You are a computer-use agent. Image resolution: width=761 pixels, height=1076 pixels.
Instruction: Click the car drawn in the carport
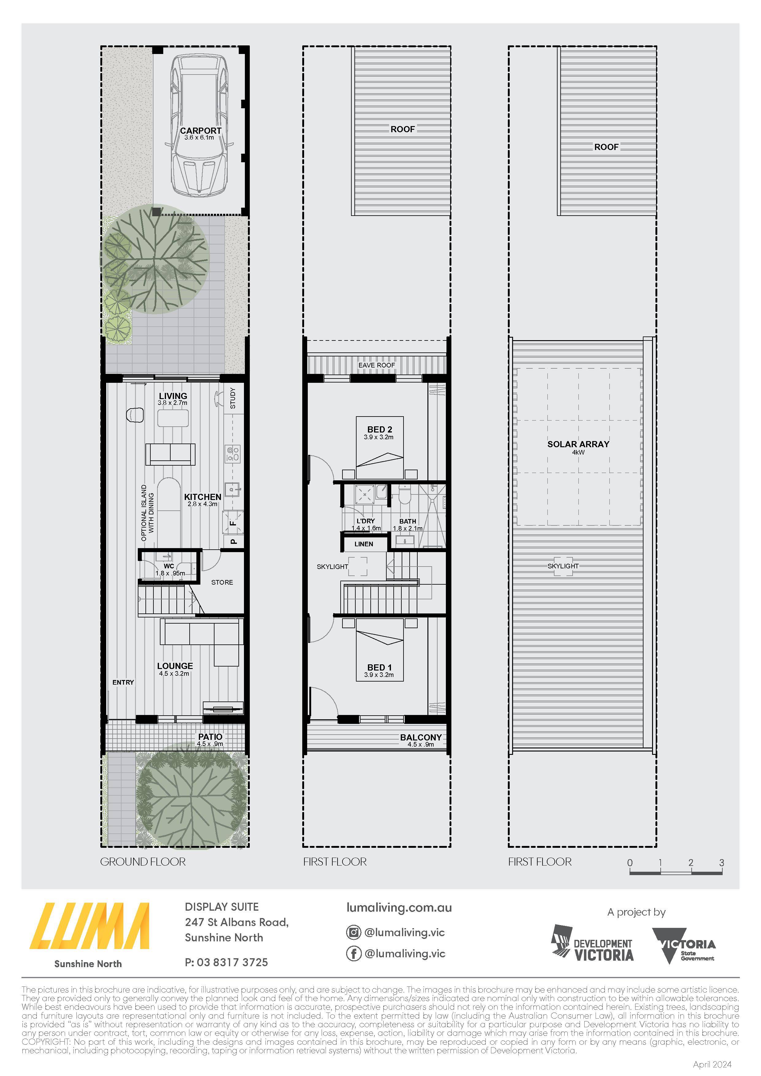click(200, 125)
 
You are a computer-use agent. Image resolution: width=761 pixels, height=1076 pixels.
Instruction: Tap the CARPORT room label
click(201, 131)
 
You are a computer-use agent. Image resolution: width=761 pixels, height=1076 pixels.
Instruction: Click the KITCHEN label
click(203, 497)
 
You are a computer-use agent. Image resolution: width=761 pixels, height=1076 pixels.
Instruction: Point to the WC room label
click(169, 566)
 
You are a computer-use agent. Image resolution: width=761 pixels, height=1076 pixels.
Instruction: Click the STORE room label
click(222, 582)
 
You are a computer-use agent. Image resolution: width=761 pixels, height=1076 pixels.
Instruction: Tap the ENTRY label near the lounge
click(123, 682)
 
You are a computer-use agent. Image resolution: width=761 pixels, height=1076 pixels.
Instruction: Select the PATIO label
click(210, 737)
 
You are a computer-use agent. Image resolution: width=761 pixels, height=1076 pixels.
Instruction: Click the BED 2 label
click(380, 429)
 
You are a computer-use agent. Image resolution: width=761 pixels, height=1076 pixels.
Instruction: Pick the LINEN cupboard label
click(364, 544)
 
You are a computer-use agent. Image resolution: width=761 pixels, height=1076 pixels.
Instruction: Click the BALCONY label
click(421, 737)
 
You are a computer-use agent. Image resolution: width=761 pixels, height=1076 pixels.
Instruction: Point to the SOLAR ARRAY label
click(578, 444)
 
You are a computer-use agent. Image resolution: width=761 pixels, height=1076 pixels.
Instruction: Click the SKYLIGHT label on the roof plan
click(563, 566)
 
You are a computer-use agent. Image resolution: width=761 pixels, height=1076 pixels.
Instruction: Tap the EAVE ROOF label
click(377, 365)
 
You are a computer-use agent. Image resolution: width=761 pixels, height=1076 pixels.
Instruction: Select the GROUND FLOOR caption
click(143, 862)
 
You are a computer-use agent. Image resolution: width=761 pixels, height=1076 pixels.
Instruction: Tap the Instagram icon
click(353, 932)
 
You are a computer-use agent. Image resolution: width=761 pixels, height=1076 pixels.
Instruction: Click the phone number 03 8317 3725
click(233, 963)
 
